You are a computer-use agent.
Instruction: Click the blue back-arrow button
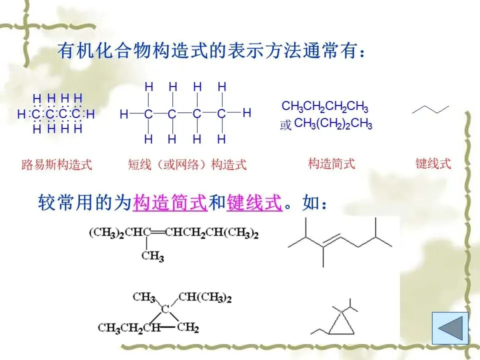[450, 327]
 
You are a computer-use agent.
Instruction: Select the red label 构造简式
[331, 163]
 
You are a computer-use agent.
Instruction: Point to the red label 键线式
[433, 163]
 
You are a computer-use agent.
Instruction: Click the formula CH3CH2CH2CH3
[325, 106]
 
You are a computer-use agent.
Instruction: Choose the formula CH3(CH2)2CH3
[333, 124]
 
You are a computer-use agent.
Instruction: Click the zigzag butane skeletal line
[430, 109]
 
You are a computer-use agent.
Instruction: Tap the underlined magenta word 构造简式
[170, 204]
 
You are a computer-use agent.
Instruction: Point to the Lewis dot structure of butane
[56, 114]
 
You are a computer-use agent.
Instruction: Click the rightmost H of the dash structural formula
[246, 113]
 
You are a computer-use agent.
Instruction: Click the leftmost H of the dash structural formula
[123, 114]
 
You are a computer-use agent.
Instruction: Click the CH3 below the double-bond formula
[152, 256]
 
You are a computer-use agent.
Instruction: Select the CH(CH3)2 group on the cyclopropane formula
[205, 298]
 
